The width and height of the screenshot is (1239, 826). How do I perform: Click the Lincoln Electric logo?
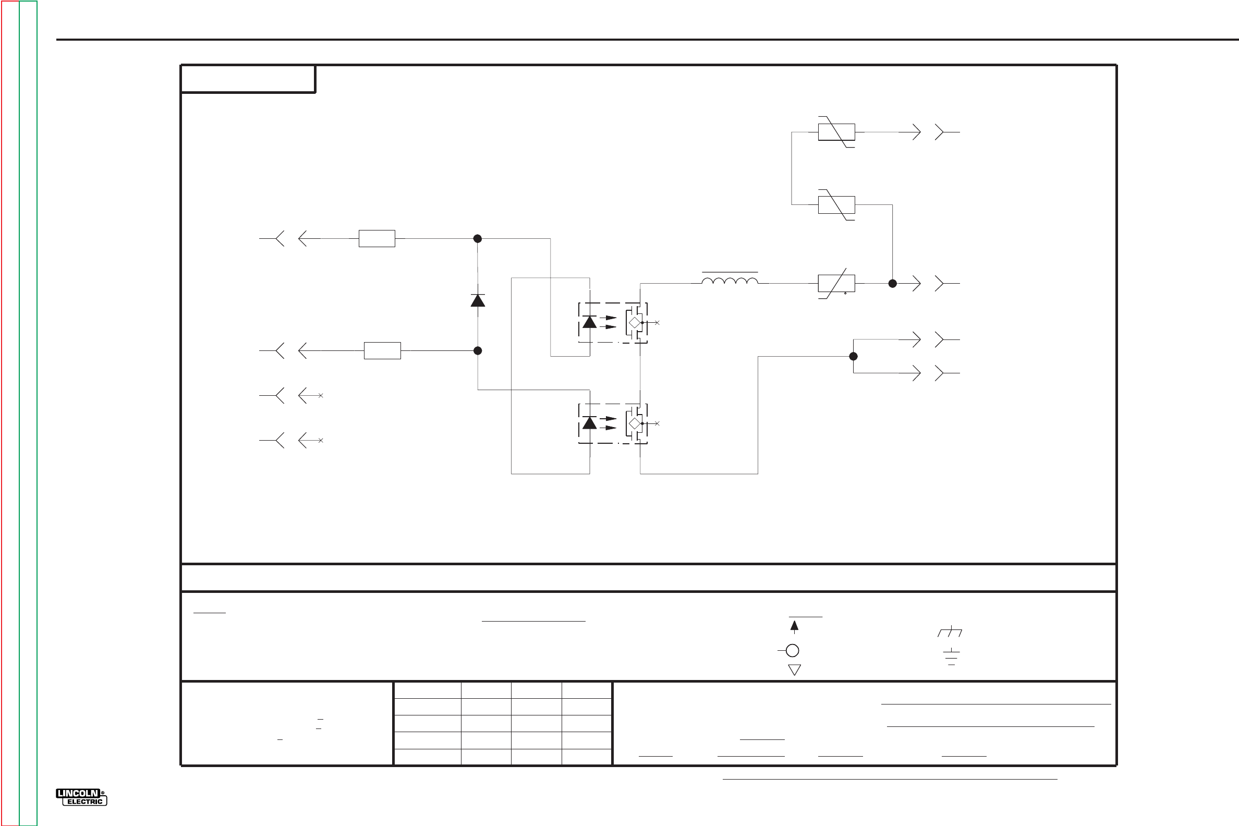coord(81,797)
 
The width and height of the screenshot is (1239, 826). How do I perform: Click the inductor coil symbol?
coord(730,280)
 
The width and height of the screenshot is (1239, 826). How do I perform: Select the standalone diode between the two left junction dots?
coord(478,300)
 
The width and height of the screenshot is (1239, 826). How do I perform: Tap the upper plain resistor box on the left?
coord(376,239)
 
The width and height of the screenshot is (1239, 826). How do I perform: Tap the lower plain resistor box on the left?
coord(382,350)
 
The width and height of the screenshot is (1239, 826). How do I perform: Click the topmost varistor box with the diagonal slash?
coord(836,132)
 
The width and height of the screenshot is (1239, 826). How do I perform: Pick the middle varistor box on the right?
coord(836,204)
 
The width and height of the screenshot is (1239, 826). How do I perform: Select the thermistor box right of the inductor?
coord(836,283)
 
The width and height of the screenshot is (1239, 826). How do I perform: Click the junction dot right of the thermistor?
coord(892,283)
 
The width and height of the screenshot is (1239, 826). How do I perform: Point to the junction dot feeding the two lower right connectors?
coord(854,357)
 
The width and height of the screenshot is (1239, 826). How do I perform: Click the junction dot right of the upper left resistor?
coord(478,239)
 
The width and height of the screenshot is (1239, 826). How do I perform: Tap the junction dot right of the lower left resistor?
coord(478,350)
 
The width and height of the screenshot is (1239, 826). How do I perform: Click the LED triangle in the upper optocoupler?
coord(589,322)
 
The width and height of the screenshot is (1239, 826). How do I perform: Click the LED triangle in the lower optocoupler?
coord(589,422)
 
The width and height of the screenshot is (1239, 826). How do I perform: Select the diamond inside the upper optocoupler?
coord(635,322)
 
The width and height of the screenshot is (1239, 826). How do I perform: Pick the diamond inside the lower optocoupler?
coord(635,423)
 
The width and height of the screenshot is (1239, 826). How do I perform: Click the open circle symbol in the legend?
coord(792,651)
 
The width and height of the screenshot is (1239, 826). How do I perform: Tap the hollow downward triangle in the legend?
coord(794,670)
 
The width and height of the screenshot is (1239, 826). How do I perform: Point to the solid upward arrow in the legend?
coord(794,626)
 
